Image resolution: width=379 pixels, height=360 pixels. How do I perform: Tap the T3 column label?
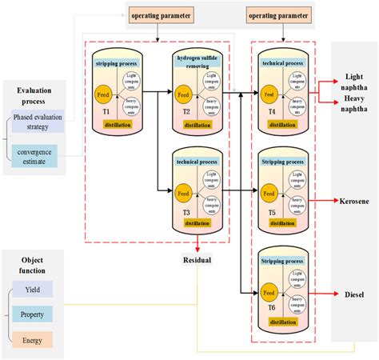(x=183, y=212)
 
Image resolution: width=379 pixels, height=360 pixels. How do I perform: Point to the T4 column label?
(x=272, y=111)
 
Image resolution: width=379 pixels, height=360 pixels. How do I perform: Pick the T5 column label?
(x=272, y=212)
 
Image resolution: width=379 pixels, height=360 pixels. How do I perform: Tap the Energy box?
(x=32, y=339)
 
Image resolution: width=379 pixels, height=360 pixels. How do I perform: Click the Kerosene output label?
(x=354, y=202)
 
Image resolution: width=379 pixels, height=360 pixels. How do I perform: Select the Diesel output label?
(x=354, y=293)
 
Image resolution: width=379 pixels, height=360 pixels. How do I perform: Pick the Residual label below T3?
(x=197, y=260)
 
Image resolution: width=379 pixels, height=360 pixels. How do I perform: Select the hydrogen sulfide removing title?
(x=195, y=63)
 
